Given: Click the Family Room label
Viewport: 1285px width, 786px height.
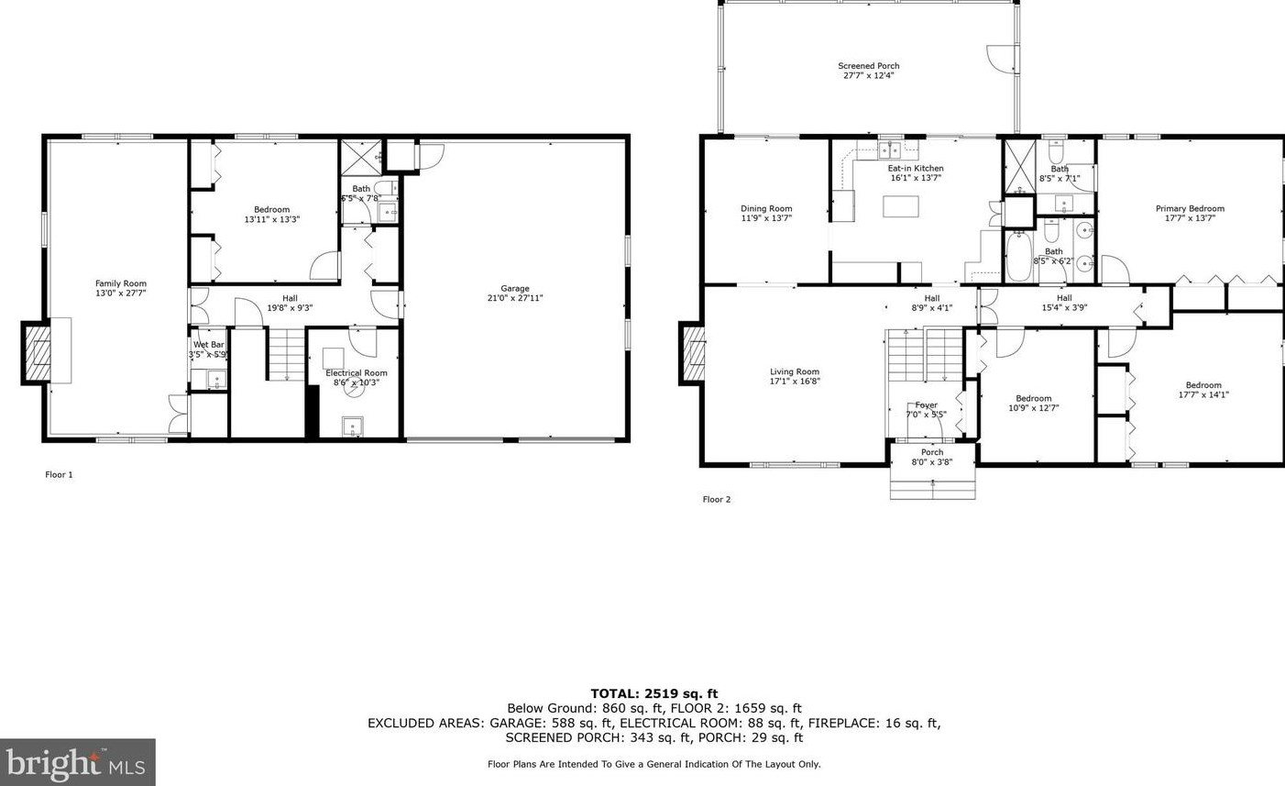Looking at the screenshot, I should (x=121, y=284).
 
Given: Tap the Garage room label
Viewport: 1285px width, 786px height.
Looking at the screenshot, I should (x=514, y=288).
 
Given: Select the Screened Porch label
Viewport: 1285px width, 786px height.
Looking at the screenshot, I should (x=868, y=66).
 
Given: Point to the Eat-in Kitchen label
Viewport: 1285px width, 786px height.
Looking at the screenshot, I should (x=915, y=169).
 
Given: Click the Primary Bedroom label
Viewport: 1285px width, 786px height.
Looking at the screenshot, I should (x=1189, y=209).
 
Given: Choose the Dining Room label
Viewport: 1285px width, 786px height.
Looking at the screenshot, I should (x=766, y=209).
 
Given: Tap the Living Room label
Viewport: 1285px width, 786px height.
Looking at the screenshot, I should (x=794, y=372).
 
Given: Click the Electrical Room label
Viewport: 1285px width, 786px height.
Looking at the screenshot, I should (x=356, y=373).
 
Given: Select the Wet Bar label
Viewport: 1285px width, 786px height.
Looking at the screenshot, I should (x=208, y=345).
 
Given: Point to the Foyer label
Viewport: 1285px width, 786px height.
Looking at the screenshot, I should (x=926, y=405).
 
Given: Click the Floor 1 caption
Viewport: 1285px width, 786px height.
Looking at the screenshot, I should (x=59, y=475).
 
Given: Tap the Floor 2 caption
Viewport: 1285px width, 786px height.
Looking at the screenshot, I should (x=716, y=500).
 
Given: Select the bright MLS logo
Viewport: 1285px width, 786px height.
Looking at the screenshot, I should (x=77, y=762).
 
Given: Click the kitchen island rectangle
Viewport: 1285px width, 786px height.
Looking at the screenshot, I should (x=900, y=206).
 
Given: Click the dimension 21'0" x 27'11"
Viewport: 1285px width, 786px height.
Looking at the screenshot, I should (x=514, y=298).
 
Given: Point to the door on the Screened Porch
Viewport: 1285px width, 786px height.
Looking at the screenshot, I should (x=1003, y=58).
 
